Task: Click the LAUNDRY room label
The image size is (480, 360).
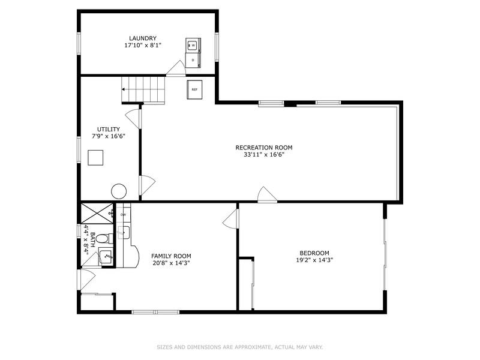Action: click(x=143, y=38)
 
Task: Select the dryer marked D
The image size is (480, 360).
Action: click(x=193, y=60)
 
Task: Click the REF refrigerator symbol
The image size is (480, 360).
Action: click(x=194, y=89)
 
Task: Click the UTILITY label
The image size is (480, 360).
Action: click(x=109, y=129)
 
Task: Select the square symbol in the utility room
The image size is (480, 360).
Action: click(x=95, y=158)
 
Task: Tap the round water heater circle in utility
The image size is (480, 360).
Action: click(x=119, y=191)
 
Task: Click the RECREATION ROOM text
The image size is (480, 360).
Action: click(x=264, y=148)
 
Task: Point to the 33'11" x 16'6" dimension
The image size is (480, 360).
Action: click(x=264, y=155)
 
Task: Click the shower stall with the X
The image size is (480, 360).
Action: click(x=97, y=213)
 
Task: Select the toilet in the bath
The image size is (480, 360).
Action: click(x=104, y=238)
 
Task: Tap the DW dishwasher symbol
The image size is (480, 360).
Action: click(x=124, y=215)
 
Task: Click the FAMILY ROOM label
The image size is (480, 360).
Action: click(x=171, y=256)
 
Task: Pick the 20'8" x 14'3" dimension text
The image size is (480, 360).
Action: click(x=171, y=263)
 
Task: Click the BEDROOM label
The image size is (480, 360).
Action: click(x=314, y=253)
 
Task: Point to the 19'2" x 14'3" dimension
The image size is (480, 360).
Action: click(x=314, y=260)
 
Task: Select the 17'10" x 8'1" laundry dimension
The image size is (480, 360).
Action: click(x=143, y=46)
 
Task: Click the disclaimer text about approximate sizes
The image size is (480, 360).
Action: click(x=240, y=347)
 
